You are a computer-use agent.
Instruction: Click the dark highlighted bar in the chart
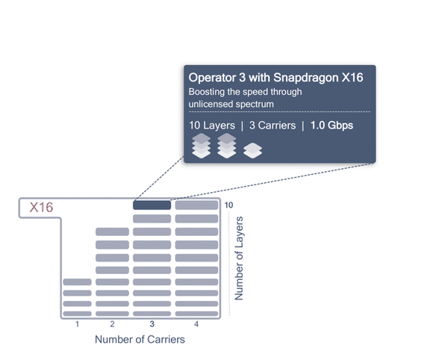point(152,205)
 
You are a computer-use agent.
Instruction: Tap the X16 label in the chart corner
point(41,208)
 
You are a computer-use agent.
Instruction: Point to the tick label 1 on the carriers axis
point(77,324)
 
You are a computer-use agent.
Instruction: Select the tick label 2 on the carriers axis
point(112,324)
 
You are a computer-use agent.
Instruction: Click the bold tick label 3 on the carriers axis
point(152,324)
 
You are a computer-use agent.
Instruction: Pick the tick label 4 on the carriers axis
point(196,324)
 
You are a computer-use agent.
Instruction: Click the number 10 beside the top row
point(228,205)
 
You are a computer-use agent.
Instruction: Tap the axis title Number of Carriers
point(140,339)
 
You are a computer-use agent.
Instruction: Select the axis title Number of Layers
point(239,258)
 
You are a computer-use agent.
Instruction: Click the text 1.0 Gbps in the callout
point(332,125)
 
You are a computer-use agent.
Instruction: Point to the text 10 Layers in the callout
point(212,125)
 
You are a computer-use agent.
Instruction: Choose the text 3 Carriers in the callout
point(273,125)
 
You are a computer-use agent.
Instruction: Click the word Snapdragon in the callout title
point(305,78)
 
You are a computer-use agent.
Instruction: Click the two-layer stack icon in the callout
point(252,151)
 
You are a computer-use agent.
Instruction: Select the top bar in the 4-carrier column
point(196,205)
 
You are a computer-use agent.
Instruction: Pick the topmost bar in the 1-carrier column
point(77,282)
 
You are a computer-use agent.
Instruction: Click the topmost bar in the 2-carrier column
point(112,232)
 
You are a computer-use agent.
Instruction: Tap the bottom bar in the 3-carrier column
point(152,314)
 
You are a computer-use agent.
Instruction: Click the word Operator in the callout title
point(212,78)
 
